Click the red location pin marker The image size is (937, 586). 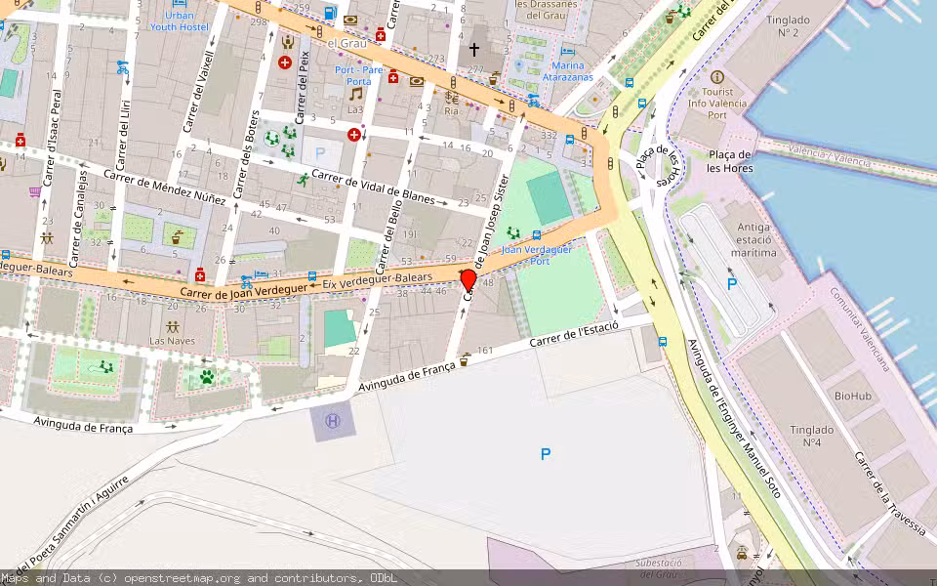pyautogui.click(x=468, y=279)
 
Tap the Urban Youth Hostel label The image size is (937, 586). pyautogui.click(x=179, y=21)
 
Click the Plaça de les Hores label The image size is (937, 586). pyautogui.click(x=729, y=161)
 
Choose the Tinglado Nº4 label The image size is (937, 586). pyautogui.click(x=811, y=436)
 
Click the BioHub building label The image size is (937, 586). pyautogui.click(x=852, y=396)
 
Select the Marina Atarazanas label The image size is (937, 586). pyautogui.click(x=567, y=71)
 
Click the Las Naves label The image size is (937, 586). pyautogui.click(x=172, y=341)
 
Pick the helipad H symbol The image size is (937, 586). pyautogui.click(x=333, y=421)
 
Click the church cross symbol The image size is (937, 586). pyautogui.click(x=474, y=49)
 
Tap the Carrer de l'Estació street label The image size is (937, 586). pyautogui.click(x=574, y=335)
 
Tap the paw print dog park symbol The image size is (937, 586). pyautogui.click(x=207, y=375)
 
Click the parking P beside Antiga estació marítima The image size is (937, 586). pyautogui.click(x=731, y=284)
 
